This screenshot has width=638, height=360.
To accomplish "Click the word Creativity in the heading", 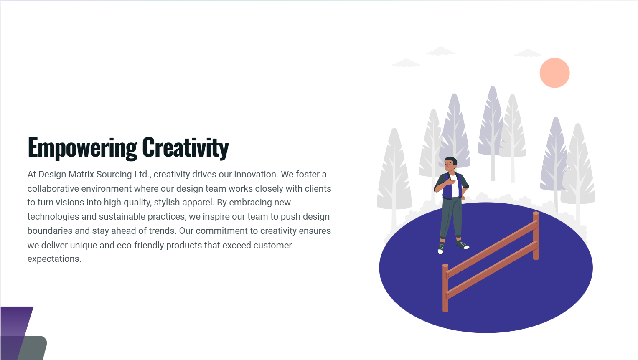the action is (x=186, y=147).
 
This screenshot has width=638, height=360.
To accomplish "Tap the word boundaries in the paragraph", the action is (x=50, y=231).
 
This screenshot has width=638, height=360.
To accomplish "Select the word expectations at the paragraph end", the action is (x=54, y=259).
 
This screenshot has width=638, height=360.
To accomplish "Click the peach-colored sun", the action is (x=554, y=73).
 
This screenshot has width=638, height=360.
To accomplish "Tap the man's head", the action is (x=450, y=164).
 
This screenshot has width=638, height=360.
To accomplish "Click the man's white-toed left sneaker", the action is (x=441, y=248).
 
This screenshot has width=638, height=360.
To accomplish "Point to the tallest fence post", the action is (x=536, y=236).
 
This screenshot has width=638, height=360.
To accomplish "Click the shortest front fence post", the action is (x=445, y=288).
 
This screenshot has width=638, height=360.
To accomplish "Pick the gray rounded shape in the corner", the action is (x=32, y=348).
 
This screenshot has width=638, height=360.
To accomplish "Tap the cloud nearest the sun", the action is (x=528, y=53).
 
